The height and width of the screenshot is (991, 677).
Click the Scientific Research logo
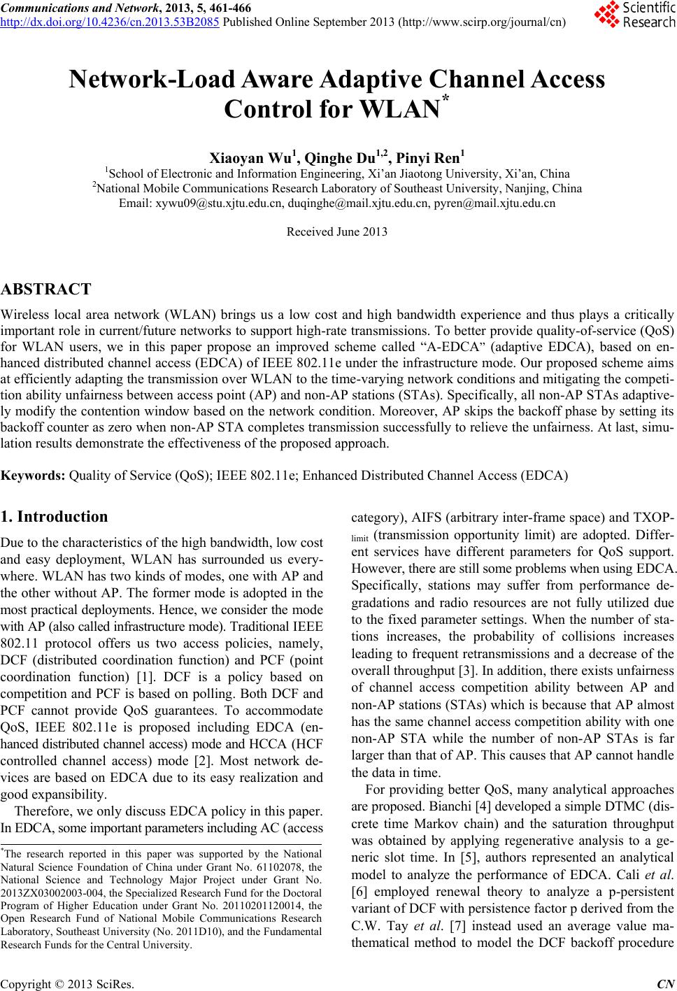point(632,15)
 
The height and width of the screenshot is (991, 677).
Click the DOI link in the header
point(110,20)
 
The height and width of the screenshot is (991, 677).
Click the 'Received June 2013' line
point(337,232)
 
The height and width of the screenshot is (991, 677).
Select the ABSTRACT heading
point(46,290)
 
